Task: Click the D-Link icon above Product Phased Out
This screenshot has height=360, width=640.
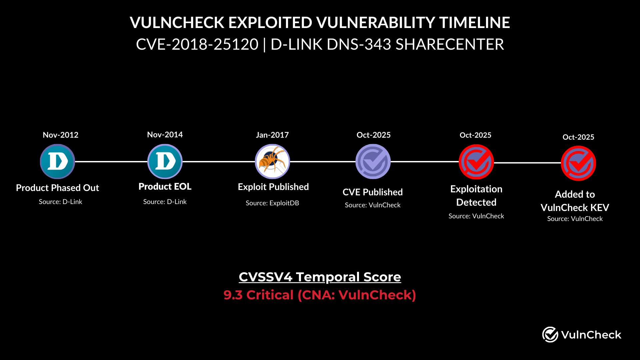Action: (57, 162)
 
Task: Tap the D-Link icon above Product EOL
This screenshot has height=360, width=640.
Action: (165, 162)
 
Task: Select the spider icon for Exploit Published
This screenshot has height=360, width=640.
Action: (272, 162)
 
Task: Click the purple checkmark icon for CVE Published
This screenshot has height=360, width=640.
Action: (373, 162)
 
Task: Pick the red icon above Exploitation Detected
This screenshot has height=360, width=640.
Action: (476, 162)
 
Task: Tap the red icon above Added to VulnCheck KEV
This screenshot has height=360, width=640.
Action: (578, 163)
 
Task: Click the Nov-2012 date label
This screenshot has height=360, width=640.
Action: (60, 135)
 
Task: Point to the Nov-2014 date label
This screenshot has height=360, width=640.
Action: (165, 135)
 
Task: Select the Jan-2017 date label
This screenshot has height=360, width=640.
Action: (272, 135)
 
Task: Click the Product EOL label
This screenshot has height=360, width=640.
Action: (165, 187)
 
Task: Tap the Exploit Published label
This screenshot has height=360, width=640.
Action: (273, 187)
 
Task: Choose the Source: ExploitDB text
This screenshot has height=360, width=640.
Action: (272, 203)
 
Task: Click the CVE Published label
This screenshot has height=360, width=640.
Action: (372, 192)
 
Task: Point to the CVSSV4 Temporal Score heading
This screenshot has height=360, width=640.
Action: (320, 277)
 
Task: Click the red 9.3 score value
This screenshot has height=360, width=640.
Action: (233, 295)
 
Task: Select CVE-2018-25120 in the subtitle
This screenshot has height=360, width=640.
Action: (197, 44)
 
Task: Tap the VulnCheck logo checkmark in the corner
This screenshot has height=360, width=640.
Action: (550, 334)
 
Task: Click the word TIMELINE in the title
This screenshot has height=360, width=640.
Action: (474, 23)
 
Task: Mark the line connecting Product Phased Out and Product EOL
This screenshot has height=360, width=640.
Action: (111, 162)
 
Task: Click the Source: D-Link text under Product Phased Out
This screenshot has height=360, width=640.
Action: (60, 202)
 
